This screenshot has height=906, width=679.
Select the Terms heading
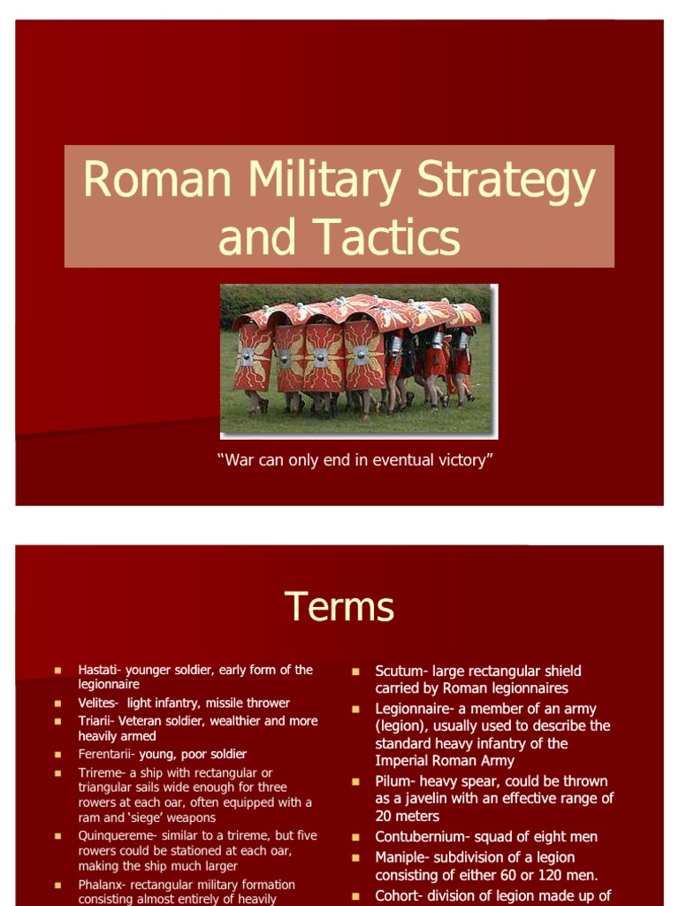(339, 608)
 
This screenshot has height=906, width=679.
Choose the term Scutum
(400, 672)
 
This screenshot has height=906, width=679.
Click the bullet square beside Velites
(57, 703)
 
